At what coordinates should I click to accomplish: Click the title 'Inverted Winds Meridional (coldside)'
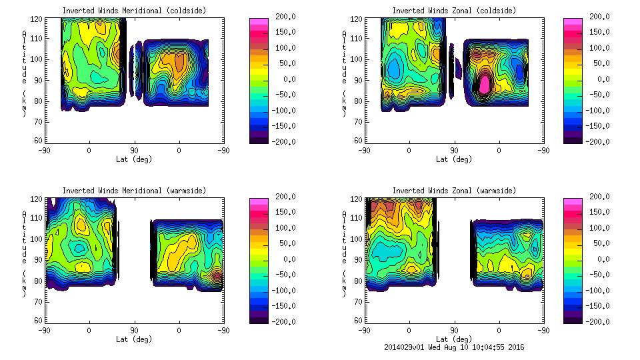[134, 11]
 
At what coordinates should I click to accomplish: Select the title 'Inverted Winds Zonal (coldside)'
[454, 11]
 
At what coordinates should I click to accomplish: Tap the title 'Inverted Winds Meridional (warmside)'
[134, 191]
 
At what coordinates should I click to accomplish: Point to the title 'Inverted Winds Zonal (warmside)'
[454, 191]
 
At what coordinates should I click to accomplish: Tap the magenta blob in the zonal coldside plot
[485, 84]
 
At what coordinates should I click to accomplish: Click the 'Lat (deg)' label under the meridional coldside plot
[134, 159]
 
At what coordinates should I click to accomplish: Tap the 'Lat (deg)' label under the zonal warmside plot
[454, 339]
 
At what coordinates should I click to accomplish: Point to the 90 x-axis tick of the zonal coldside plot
[454, 151]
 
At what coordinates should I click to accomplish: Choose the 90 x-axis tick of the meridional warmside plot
[134, 330]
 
